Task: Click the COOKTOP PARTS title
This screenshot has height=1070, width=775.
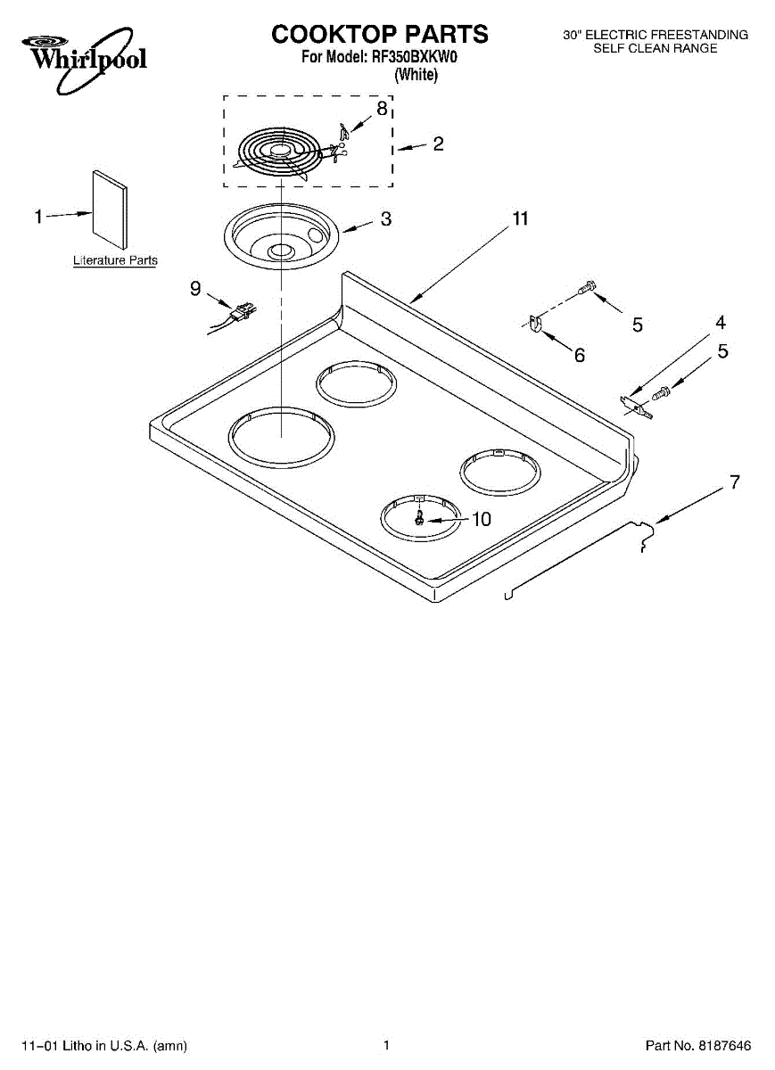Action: click(x=380, y=34)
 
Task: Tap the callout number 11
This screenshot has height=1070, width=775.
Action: click(x=520, y=219)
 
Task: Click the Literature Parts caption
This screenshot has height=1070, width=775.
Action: click(x=115, y=260)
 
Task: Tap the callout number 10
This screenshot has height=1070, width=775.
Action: click(x=481, y=519)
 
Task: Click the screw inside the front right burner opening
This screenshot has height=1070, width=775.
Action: click(x=418, y=516)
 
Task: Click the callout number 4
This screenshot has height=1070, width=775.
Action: click(x=720, y=323)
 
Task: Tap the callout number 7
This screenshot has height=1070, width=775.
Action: click(x=734, y=482)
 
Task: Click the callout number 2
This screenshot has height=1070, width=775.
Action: click(x=438, y=144)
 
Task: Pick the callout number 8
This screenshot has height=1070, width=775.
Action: click(x=382, y=109)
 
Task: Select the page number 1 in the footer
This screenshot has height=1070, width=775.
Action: click(x=386, y=1045)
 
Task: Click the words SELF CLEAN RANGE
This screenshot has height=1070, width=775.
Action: click(x=655, y=48)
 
